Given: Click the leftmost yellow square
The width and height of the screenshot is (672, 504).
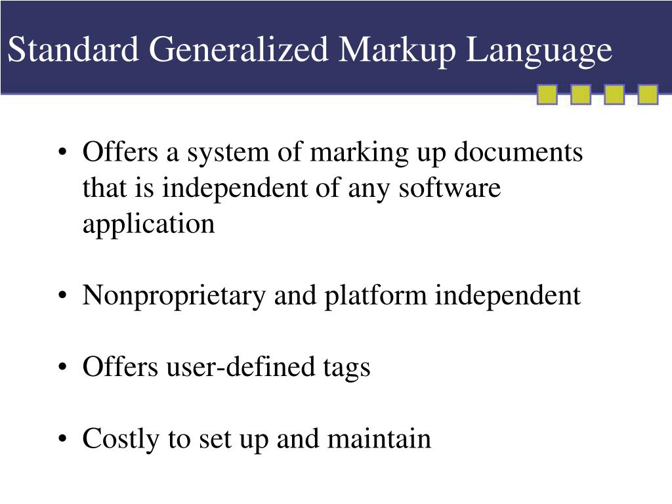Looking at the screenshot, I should (547, 94).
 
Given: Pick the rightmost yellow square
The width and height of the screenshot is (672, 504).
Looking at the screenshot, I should (648, 94).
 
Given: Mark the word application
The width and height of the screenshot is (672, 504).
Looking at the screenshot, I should (148, 225).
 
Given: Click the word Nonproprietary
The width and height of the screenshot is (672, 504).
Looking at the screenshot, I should (174, 297).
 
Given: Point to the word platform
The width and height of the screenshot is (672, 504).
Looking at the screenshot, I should (377, 297).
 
